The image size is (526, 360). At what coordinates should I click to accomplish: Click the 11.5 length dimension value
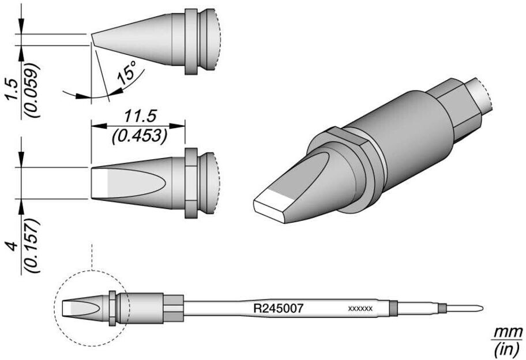click(140, 117)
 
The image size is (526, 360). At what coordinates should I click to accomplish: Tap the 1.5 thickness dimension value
click(12, 89)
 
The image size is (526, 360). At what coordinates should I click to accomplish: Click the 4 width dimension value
click(13, 246)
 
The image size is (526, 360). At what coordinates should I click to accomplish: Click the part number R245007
click(278, 307)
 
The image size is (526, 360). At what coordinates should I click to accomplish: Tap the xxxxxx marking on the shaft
click(360, 308)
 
